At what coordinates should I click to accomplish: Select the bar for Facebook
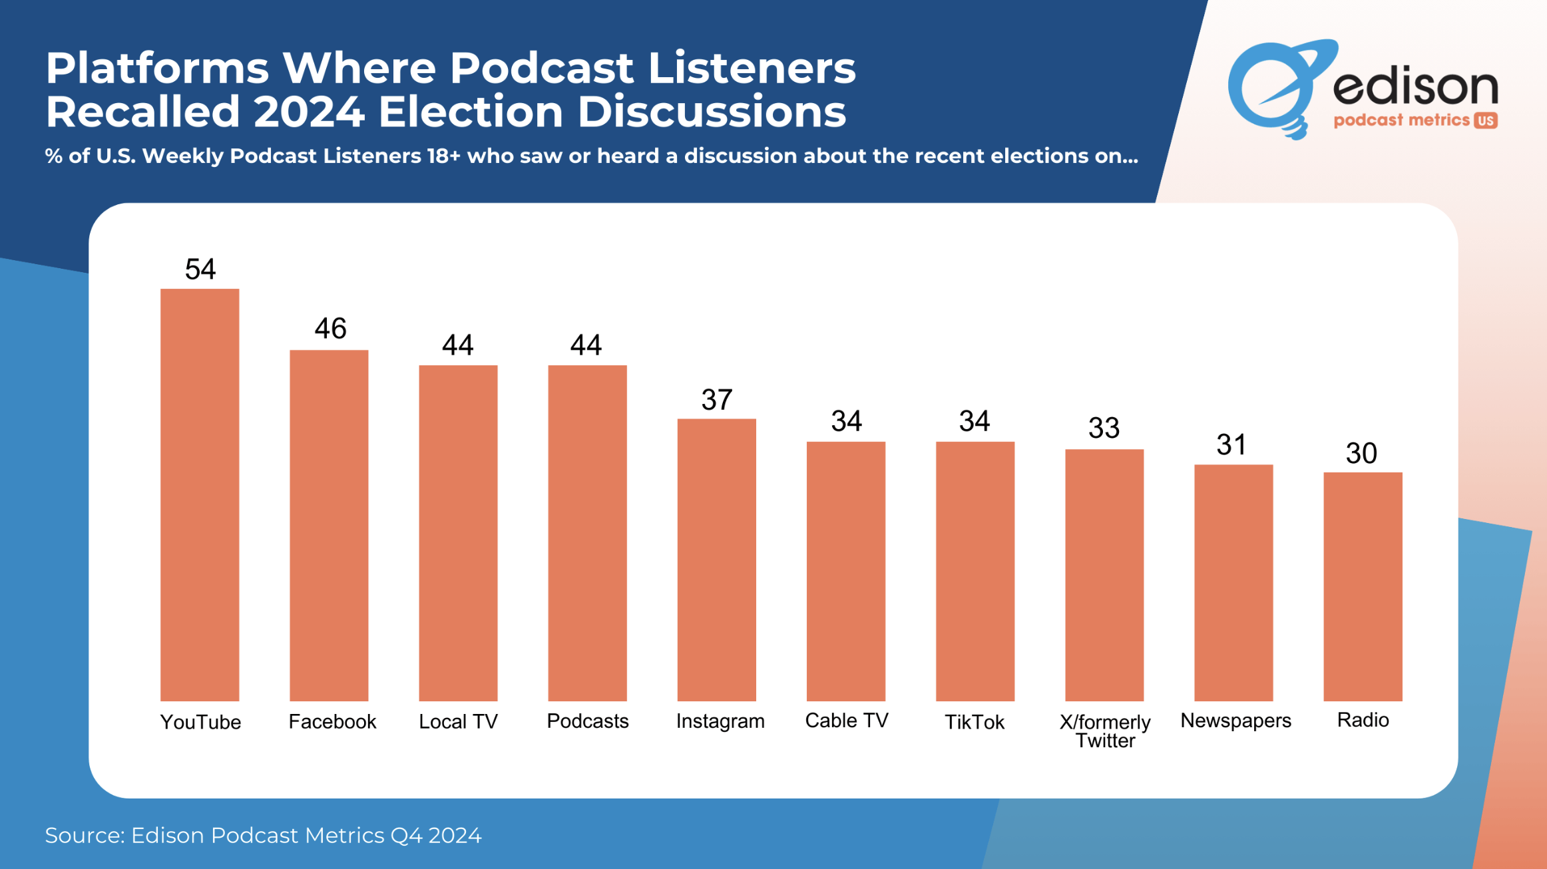coord(329,525)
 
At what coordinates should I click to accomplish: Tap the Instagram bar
coord(716,560)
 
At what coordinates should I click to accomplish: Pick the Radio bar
coord(1363,586)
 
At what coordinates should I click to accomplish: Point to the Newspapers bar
coord(1233,582)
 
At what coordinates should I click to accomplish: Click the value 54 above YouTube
coord(200,269)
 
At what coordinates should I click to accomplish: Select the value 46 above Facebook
coord(330,329)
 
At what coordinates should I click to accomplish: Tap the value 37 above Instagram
coord(717,400)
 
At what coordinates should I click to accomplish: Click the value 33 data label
coord(1104,428)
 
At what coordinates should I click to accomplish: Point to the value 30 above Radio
coord(1361,454)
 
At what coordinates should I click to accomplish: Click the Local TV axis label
coord(458,722)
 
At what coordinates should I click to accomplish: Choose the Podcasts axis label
coord(587,721)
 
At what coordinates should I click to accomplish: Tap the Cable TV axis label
coord(846,721)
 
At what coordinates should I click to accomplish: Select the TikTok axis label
coord(975,722)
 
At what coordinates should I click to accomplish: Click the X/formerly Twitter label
coord(1105,731)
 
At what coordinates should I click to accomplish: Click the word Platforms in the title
coord(157,68)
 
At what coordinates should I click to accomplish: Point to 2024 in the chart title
coord(309,111)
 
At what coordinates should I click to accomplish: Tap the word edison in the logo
coord(1415,87)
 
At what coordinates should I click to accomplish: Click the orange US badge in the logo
coord(1486,120)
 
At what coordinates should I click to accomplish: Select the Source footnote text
coord(263,835)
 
